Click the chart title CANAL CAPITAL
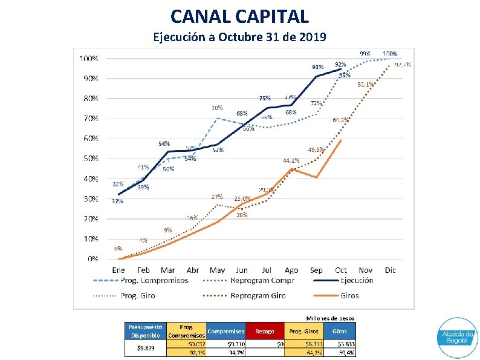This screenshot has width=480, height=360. (x=239, y=16)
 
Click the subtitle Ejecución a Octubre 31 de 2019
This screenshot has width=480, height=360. (x=239, y=38)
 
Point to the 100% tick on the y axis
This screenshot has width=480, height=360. (x=89, y=59)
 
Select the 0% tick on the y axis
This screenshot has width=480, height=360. (x=93, y=258)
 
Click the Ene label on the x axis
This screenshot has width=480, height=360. (x=118, y=270)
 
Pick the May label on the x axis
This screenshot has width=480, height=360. (x=217, y=270)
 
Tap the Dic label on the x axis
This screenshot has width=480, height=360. (x=390, y=270)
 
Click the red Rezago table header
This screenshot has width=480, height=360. (x=264, y=331)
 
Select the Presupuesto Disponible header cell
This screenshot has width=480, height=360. (x=145, y=331)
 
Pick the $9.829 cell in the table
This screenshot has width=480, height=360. (x=145, y=348)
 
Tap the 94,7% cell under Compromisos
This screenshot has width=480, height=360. (x=236, y=352)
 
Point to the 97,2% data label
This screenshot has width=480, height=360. (x=403, y=64)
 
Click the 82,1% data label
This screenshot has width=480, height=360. (x=365, y=84)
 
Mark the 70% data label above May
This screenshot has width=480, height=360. (x=216, y=108)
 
